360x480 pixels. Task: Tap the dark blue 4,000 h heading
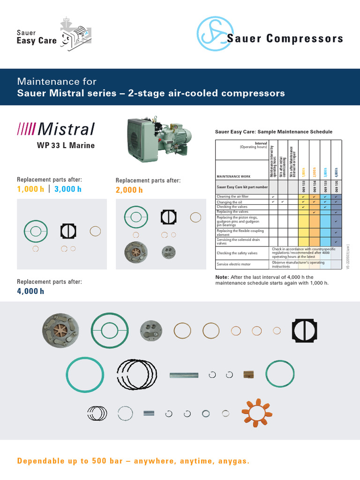tap(30, 291)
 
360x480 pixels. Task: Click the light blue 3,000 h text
tap(68, 189)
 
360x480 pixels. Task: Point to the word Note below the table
tap(221, 277)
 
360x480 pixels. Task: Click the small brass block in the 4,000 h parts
tap(248, 374)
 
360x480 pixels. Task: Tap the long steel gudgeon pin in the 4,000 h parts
tap(184, 375)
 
